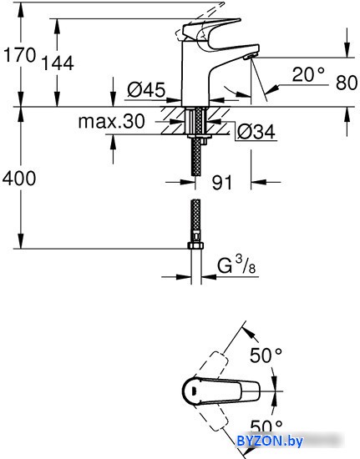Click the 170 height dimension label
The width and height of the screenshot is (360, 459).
(19, 55)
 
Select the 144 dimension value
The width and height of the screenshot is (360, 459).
(58, 63)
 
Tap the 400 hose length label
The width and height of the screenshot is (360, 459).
(19, 179)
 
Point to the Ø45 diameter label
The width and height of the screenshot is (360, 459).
(146, 89)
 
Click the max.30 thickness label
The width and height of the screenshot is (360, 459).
(112, 121)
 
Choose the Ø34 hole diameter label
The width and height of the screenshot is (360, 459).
(256, 132)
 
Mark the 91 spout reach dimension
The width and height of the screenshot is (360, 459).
(221, 183)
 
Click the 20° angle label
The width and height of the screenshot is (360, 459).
(308, 74)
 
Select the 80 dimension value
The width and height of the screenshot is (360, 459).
(347, 83)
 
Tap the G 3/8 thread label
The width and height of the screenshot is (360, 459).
(236, 265)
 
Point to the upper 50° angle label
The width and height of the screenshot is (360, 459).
(266, 356)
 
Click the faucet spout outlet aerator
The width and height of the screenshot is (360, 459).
(250, 56)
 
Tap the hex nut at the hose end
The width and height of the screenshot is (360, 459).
(195, 245)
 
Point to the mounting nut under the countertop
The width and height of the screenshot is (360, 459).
(197, 139)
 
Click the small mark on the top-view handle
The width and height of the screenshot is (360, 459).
(193, 391)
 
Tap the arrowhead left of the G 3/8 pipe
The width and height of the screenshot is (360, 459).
(184, 276)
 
